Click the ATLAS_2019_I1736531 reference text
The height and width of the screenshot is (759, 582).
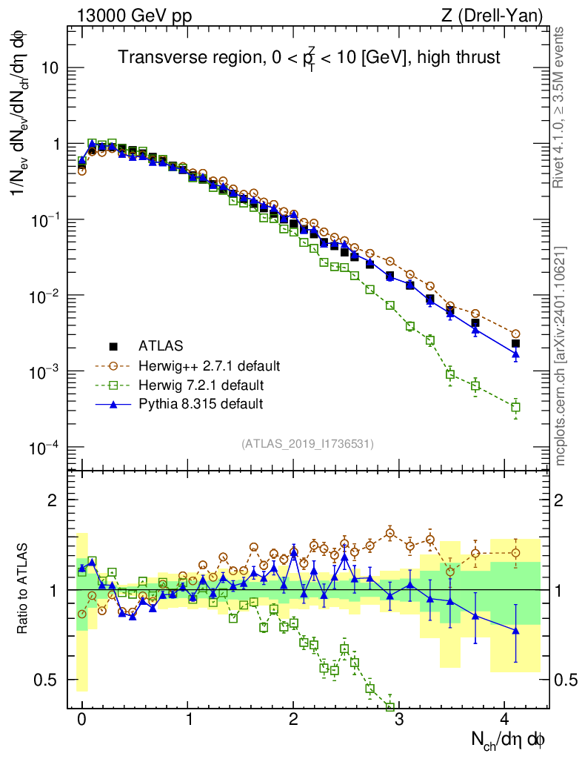coord(307,444)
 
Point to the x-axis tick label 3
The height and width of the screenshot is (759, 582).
coord(399,720)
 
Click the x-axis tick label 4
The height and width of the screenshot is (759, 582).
coord(504,720)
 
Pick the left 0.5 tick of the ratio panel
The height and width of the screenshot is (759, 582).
coord(50,680)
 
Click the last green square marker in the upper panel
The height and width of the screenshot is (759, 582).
coord(515,407)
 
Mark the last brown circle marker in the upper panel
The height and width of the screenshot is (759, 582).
coord(515,334)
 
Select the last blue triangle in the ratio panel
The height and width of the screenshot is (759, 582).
coord(515,630)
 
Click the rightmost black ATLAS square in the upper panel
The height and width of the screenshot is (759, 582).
coord(515,343)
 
